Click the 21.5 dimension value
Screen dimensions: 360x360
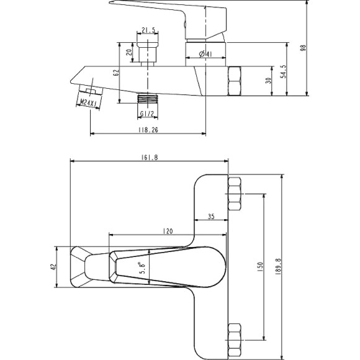click(148, 30)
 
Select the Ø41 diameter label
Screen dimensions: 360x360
click(205, 54)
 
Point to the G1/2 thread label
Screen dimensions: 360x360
click(147, 114)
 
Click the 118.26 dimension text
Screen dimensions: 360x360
click(148, 130)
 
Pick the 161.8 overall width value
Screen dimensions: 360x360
click(150, 158)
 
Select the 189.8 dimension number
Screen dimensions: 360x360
click(278, 267)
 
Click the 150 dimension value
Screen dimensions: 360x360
click(260, 267)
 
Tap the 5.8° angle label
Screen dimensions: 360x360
click(143, 268)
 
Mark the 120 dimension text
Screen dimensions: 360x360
click(168, 231)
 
